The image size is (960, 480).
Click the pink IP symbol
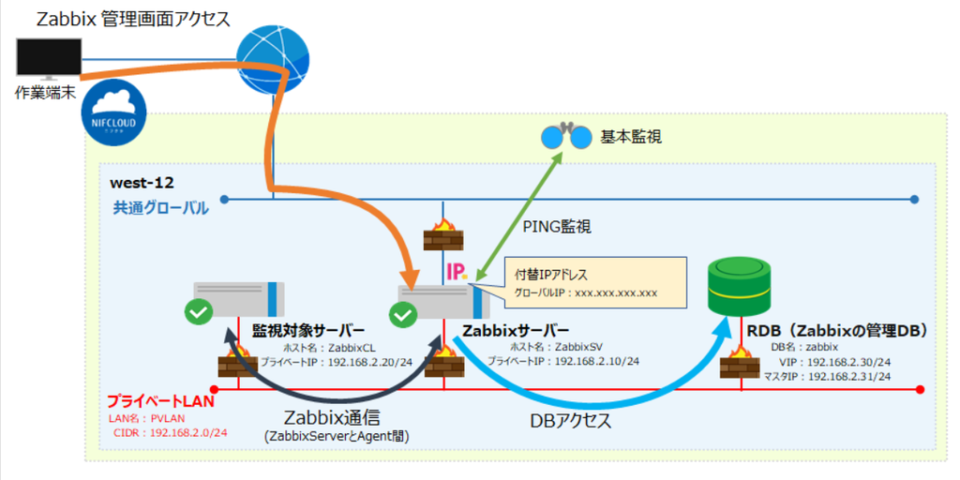click(x=457, y=272)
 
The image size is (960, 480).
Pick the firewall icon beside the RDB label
click(x=740, y=362)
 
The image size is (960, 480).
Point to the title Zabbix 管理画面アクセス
click(x=131, y=19)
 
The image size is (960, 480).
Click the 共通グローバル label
click(x=159, y=208)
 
